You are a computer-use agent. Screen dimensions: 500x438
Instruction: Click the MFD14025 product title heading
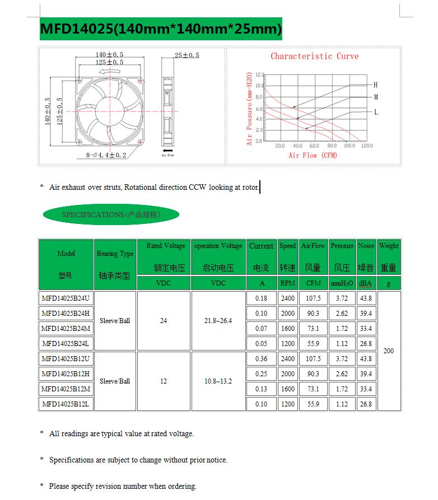pos(161,28)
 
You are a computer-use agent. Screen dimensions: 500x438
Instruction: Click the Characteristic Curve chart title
pos(314,56)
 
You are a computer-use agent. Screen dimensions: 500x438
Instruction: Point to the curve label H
pos(376,85)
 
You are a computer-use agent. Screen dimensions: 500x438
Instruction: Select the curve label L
pos(376,112)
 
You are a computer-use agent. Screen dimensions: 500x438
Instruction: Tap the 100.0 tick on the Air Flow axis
pos(349,146)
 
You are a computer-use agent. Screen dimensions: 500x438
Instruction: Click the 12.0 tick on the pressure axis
pos(258,74)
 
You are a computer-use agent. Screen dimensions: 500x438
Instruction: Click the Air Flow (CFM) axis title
pos(313,155)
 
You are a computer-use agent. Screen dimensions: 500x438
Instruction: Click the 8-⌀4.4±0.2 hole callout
pos(106,155)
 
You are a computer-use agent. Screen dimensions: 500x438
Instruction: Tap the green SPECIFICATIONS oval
pos(111,214)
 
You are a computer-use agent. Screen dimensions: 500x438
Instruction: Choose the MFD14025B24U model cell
pos(65,298)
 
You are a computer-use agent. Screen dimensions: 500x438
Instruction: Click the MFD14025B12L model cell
pos(65,404)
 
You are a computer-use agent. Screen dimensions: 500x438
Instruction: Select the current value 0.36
pos(261,359)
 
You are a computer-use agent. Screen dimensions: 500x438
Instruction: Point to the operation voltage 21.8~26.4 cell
pos(218,321)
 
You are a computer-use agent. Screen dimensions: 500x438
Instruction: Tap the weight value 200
pos(389,351)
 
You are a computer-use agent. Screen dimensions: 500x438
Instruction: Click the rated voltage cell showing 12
pos(164,381)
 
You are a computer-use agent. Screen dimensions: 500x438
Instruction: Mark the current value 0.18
pos(261,298)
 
